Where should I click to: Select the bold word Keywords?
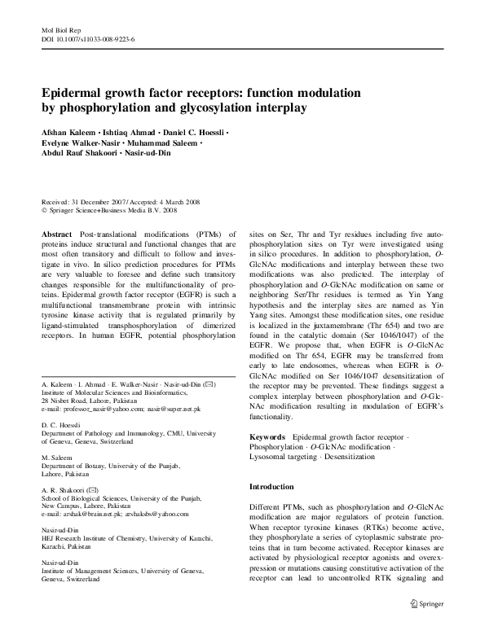pyautogui.click(x=267, y=437)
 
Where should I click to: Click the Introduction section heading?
pyautogui.click(x=271, y=486)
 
